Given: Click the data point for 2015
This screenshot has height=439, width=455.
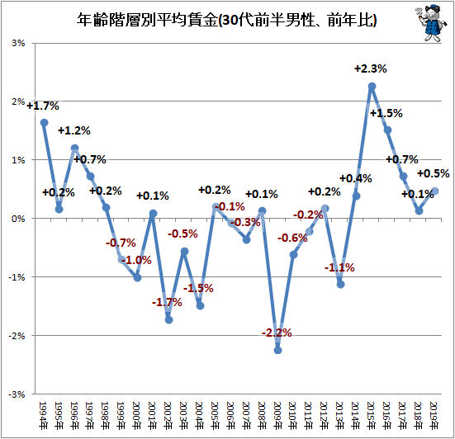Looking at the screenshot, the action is pyautogui.click(x=372, y=87).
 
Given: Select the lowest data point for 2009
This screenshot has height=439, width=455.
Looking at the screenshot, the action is pyautogui.click(x=277, y=350).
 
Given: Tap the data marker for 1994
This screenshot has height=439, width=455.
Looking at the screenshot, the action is pyautogui.click(x=44, y=123).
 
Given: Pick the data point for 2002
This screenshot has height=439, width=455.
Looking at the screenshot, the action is pyautogui.click(x=168, y=320).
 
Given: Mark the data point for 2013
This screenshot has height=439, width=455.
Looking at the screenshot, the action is pyautogui.click(x=341, y=285).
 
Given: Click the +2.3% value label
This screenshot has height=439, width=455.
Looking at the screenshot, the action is pyautogui.click(x=371, y=69).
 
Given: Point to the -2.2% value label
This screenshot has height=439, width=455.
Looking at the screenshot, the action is pyautogui.click(x=277, y=333).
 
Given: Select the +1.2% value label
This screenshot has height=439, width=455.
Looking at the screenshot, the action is pyautogui.click(x=74, y=130).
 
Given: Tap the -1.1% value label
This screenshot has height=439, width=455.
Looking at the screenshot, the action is pyautogui.click(x=339, y=267).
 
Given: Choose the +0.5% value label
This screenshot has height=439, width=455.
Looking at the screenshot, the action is pyautogui.click(x=434, y=173).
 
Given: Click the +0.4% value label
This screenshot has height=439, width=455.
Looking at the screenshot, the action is pyautogui.click(x=356, y=178).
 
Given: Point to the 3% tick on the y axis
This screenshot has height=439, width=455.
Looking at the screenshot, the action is pyautogui.click(x=18, y=43).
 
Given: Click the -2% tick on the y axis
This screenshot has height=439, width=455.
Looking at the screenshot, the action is pyautogui.click(x=17, y=336).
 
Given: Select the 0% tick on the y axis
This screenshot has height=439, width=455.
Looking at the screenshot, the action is pyautogui.click(x=18, y=219).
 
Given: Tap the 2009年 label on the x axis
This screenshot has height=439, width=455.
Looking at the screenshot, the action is pyautogui.click(x=277, y=416).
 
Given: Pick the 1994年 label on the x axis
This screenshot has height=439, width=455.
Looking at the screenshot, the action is pyautogui.click(x=43, y=416).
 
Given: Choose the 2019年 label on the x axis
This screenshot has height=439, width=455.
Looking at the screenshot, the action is pyautogui.click(x=434, y=416).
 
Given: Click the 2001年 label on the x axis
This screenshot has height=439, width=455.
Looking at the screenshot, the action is pyautogui.click(x=153, y=416).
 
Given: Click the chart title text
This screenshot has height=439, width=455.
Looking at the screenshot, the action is pyautogui.click(x=226, y=21).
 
